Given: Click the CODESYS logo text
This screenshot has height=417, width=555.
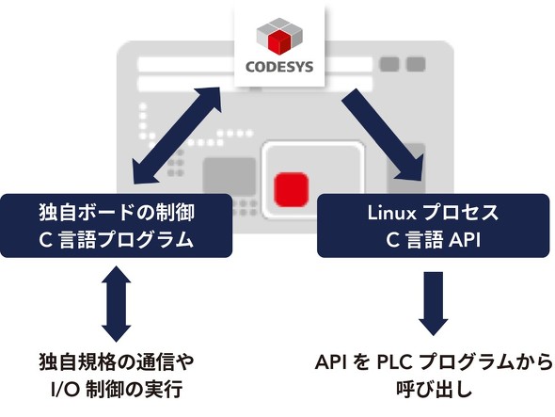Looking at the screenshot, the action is coord(279,67).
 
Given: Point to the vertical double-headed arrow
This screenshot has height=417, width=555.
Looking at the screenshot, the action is coord(116,304).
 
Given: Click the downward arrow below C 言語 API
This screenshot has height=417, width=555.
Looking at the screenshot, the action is coord(434,304).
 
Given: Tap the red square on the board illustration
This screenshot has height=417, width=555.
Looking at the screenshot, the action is coord(292,189).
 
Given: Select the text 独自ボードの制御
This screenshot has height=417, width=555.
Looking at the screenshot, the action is coord(117,213).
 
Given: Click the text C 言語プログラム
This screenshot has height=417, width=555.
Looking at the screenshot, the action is coord(117,240).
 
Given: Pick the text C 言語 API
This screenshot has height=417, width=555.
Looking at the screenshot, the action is coord(434,240).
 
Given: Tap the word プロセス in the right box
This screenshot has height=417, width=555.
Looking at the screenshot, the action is coord(461,213).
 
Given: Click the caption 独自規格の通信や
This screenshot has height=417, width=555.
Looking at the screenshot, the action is coord(117,362).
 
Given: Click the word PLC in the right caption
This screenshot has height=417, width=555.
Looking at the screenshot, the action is coord(394,362).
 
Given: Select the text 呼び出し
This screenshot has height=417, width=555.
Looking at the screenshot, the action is coord(434,389).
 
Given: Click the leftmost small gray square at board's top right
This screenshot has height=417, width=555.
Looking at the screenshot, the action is coord(389,64).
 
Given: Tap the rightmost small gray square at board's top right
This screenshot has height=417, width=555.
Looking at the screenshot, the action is coord(416,64).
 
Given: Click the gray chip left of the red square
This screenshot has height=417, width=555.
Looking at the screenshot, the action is coord(230,176).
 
